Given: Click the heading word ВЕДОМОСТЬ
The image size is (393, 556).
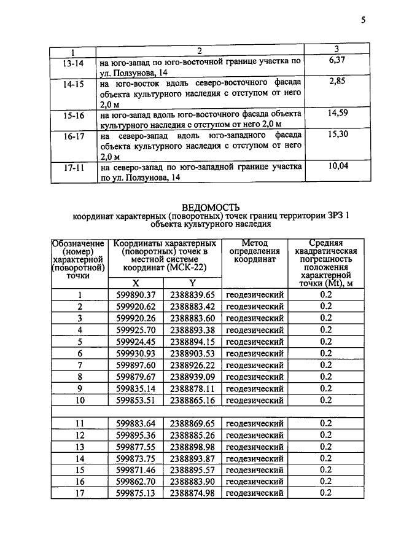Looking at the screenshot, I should (211, 207).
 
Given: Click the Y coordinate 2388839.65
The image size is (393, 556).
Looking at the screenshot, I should (192, 295).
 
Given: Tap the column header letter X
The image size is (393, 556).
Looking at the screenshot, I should (136, 283).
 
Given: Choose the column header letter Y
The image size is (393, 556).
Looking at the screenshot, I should (192, 283).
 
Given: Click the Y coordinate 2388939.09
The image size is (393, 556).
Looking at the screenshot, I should (192, 377).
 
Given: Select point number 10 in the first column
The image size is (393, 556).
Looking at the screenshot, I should (79, 400).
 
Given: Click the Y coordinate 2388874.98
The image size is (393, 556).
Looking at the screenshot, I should (192, 493).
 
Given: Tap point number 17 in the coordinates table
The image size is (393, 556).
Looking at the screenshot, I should (79, 493).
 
